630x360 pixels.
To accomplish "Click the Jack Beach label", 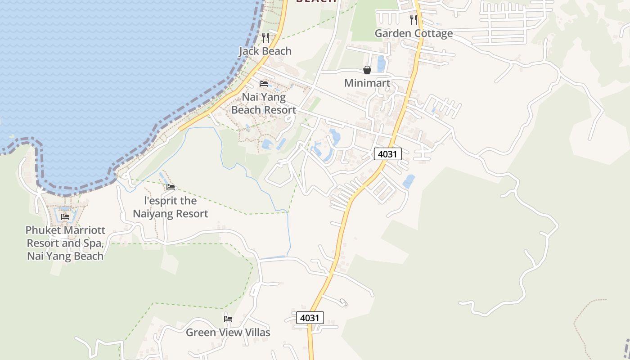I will click(265, 51).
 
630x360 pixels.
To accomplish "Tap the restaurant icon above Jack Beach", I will click(265, 37).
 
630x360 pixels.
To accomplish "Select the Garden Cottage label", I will click(414, 33).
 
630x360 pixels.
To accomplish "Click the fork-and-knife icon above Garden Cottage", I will click(414, 20).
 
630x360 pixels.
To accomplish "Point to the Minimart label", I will click(367, 83).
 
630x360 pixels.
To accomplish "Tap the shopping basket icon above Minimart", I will click(367, 70).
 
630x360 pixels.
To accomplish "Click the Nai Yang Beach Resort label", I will click(264, 103).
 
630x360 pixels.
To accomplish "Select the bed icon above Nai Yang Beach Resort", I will click(264, 84).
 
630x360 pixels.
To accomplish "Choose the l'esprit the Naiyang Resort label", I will click(170, 207).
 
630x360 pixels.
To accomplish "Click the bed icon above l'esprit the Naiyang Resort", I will click(170, 187).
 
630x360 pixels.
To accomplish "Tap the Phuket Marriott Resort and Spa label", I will click(65, 243).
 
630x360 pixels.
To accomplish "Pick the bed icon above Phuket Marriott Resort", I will click(65, 217).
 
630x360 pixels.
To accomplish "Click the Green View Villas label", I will click(228, 333).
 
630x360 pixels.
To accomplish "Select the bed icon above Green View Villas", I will click(228, 319).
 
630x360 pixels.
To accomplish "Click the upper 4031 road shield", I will click(387, 154).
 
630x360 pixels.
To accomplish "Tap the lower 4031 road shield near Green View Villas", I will click(310, 318).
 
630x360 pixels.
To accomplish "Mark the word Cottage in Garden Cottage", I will click(433, 33).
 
